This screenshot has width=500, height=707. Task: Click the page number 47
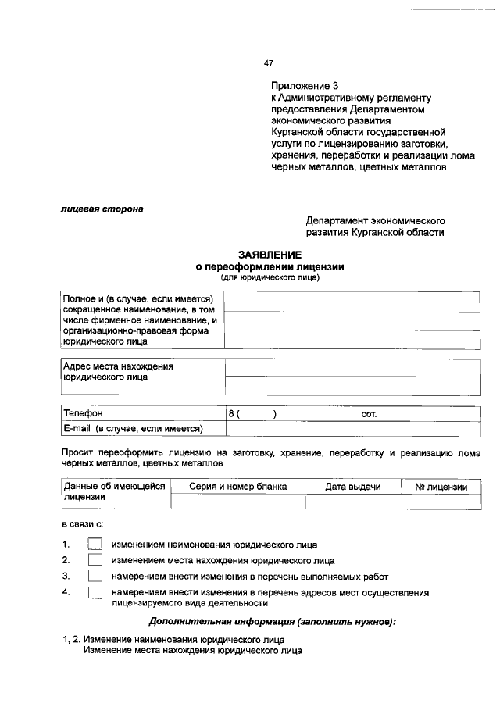269,63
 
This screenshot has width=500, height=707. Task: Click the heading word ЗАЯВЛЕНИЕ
270,255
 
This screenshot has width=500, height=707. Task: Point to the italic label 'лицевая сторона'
102,209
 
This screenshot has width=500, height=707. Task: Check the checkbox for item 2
95,560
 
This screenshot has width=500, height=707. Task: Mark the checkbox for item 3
95,577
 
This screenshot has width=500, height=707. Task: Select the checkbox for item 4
95,593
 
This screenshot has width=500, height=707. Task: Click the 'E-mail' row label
133,428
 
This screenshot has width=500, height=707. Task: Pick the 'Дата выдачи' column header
353,487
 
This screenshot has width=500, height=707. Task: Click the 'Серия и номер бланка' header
237,487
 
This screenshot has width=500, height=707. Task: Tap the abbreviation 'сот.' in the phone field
369,413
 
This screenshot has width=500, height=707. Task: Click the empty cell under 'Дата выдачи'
353,502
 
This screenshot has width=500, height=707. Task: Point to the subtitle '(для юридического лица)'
270,277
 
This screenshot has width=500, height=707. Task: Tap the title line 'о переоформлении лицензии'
270,266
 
